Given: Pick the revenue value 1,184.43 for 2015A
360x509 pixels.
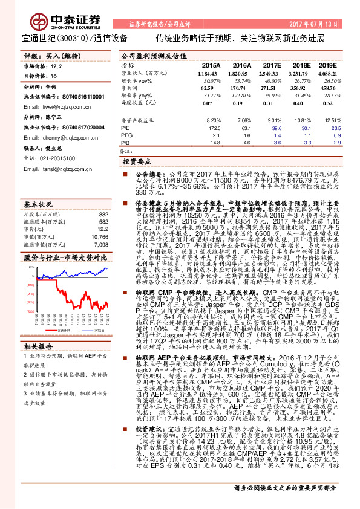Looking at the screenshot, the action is tap(207, 72).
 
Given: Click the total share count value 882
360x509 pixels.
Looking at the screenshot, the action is tap(103, 198).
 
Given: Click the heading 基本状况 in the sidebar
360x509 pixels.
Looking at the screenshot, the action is tap(39, 187).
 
